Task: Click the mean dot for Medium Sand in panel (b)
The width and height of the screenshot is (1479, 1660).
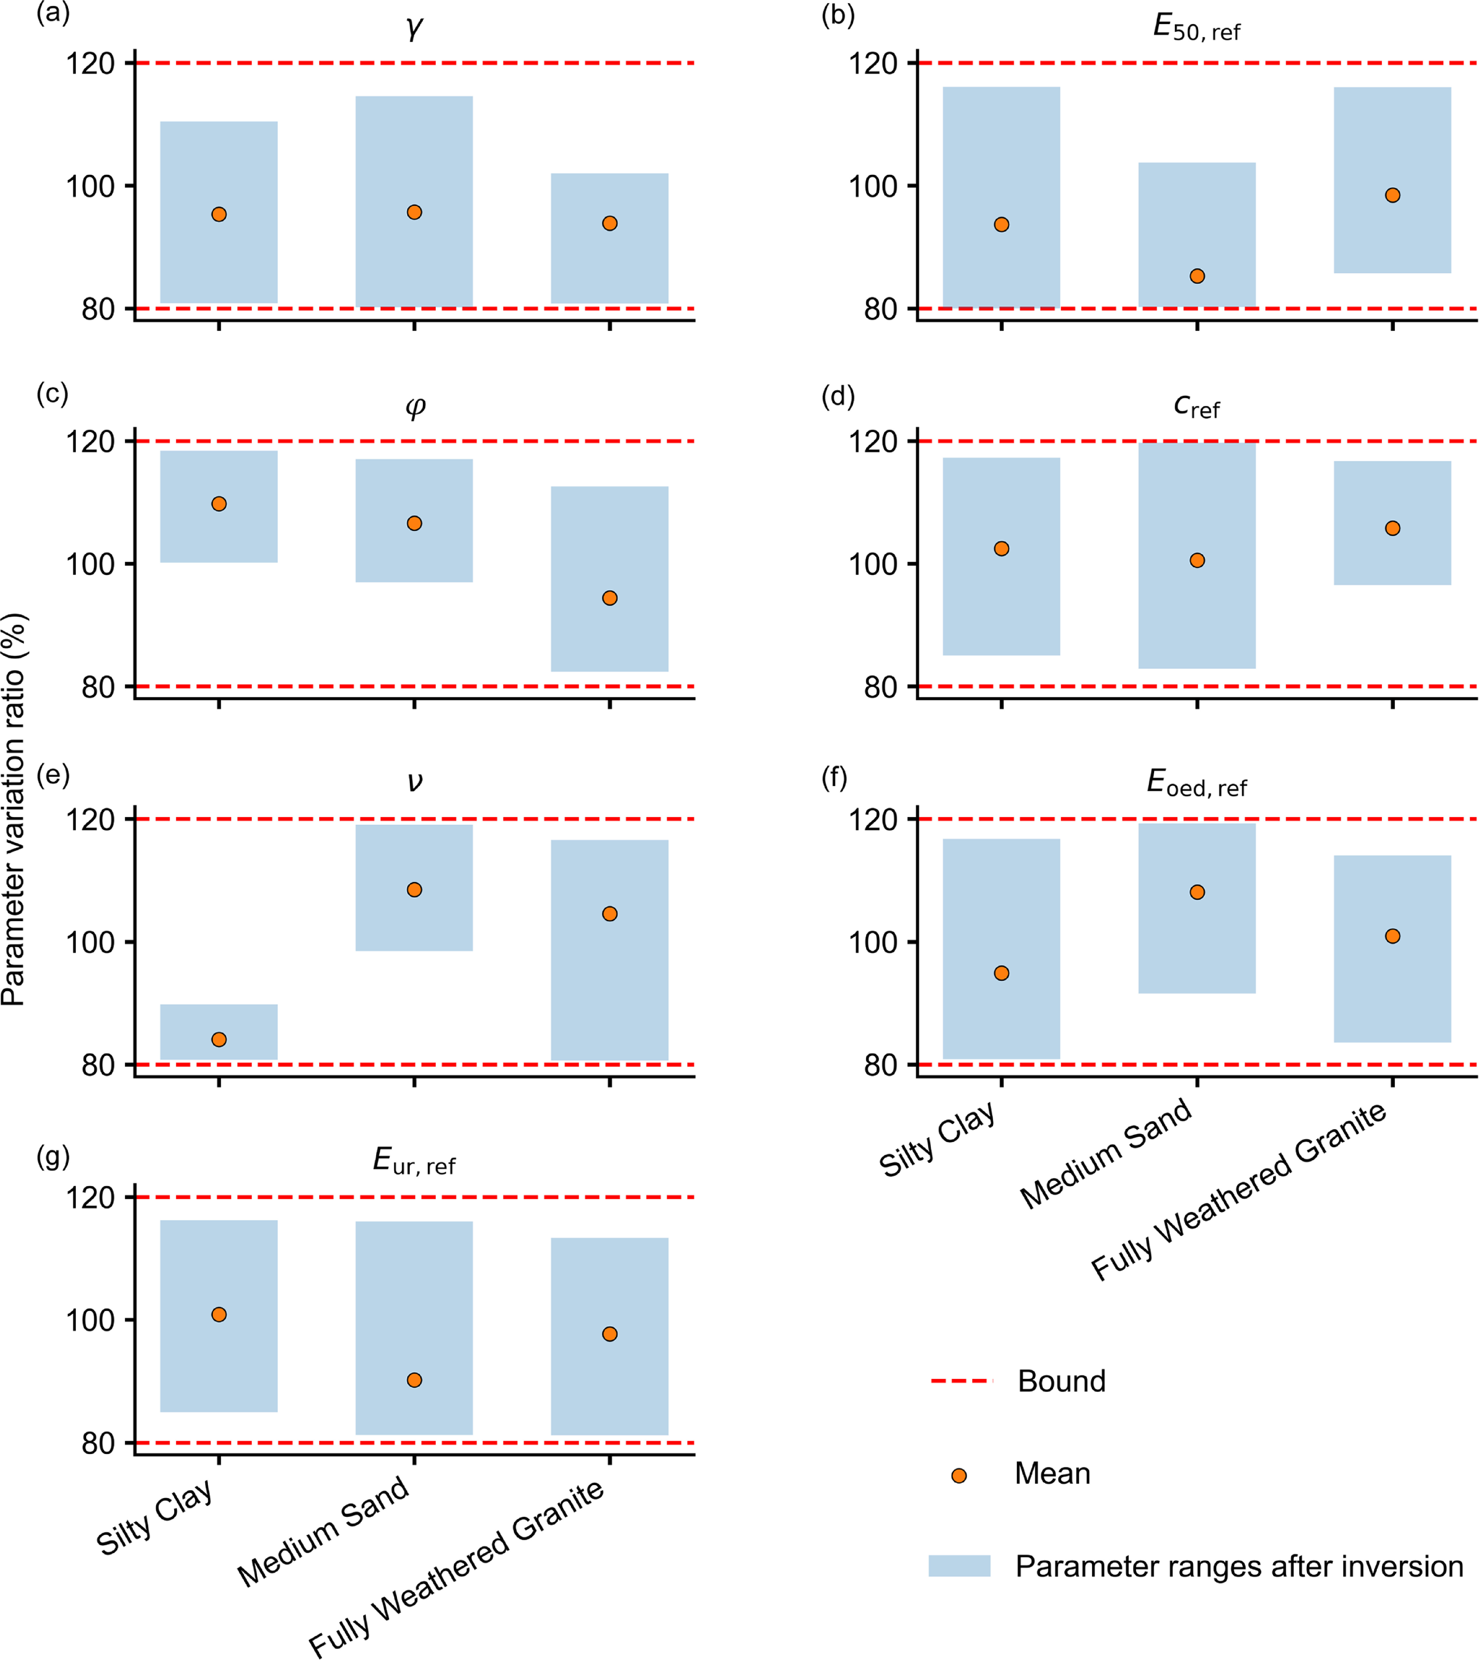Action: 1197,276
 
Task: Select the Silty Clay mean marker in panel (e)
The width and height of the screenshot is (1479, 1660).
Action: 219,1040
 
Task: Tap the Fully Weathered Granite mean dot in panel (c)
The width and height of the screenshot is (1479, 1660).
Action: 610,598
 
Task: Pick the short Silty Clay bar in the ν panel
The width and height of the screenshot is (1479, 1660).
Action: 219,1032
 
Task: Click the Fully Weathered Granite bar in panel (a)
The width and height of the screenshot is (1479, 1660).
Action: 610,238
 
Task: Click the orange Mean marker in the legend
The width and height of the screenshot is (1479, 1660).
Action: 959,1475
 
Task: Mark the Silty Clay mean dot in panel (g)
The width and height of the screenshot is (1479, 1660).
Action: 219,1315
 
